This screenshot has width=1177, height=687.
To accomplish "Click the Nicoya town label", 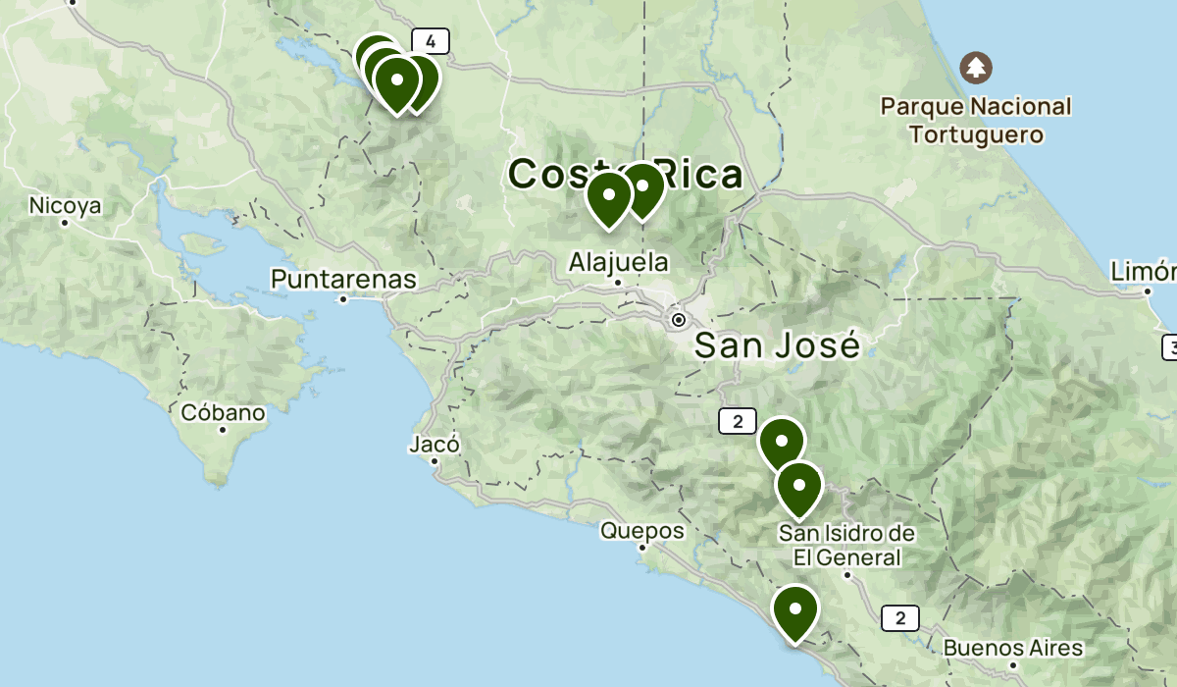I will point(66,206).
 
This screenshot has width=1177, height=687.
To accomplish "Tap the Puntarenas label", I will point(343,280).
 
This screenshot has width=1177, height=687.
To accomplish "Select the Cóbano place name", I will point(223,413).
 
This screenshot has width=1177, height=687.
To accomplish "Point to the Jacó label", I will point(434,445).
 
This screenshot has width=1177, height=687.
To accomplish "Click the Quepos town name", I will point(642,531).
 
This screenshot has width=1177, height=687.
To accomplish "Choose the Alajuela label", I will point(618,262).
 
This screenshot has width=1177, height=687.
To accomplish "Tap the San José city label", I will point(777,345).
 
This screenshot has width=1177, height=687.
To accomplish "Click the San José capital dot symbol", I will point(678,320).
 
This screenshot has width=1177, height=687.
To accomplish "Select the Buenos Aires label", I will point(1012,649).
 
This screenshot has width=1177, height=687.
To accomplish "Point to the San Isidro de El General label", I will point(847,546).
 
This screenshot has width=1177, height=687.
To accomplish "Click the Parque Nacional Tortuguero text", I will point(975,120).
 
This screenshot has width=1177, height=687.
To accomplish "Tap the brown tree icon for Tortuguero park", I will point(976,68).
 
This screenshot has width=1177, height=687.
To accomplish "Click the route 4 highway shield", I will point(431,41).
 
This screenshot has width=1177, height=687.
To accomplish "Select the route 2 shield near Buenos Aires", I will point(899,618).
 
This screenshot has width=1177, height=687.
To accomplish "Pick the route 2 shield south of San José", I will point(738,421).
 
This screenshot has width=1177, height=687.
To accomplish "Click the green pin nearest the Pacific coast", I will point(794,611).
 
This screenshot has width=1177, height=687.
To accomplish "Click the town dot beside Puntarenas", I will point(343,298).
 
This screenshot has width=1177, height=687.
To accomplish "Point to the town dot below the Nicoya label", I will point(65,223).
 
